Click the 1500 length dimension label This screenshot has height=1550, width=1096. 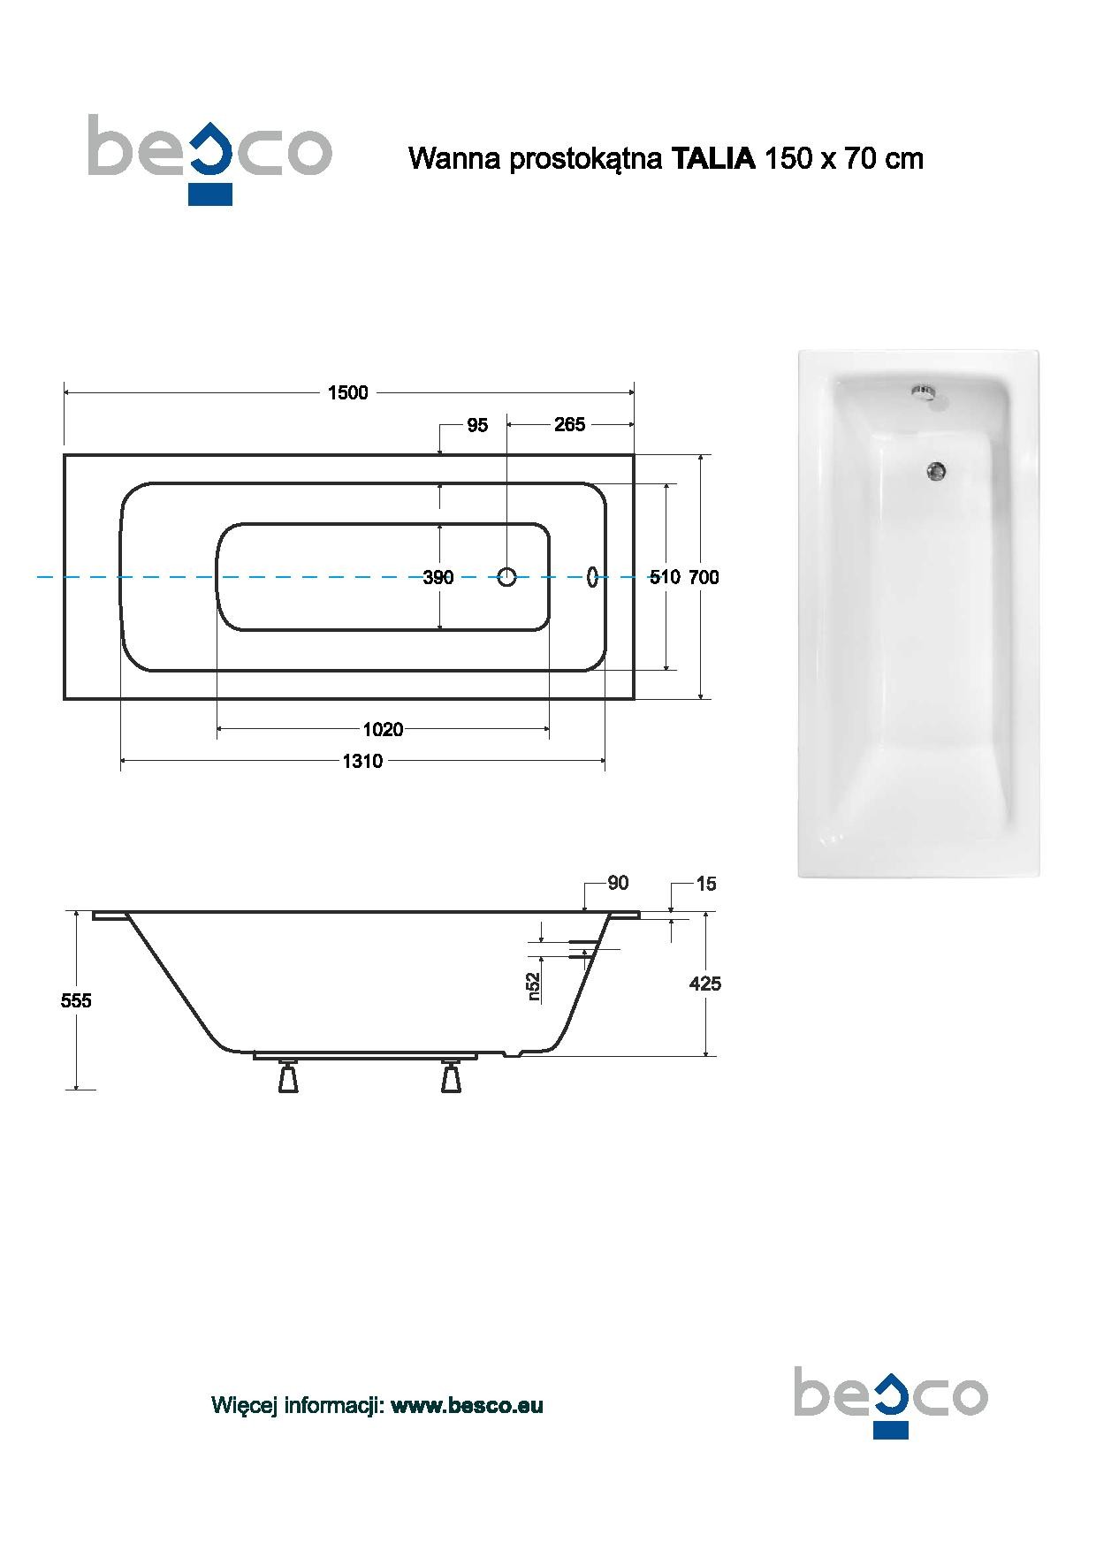(x=348, y=393)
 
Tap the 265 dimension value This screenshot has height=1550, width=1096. (x=569, y=425)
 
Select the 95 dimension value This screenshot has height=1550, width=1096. (x=477, y=426)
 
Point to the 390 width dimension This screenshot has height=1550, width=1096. (x=438, y=578)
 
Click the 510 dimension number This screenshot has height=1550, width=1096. (x=665, y=578)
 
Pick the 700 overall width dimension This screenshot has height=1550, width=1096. (x=704, y=578)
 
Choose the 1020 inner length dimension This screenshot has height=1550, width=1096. (x=383, y=730)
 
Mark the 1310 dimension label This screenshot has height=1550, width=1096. (x=362, y=762)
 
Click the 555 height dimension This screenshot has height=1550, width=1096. (x=76, y=1001)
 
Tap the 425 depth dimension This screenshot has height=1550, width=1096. (x=705, y=984)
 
